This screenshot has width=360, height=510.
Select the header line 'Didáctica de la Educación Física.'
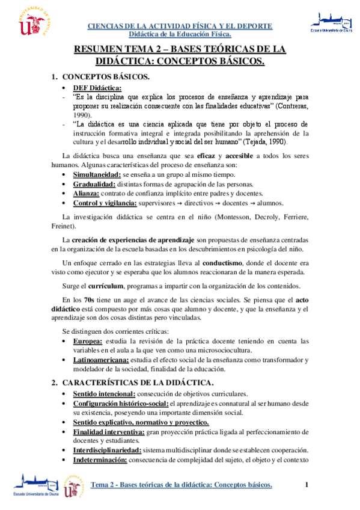pos(180,35)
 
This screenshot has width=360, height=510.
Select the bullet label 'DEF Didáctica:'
pos(97,87)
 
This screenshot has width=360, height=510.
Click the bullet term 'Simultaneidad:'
pos(96,174)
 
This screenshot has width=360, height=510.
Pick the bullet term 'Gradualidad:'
pos(93,183)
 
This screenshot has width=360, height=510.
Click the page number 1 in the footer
pos(307,485)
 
